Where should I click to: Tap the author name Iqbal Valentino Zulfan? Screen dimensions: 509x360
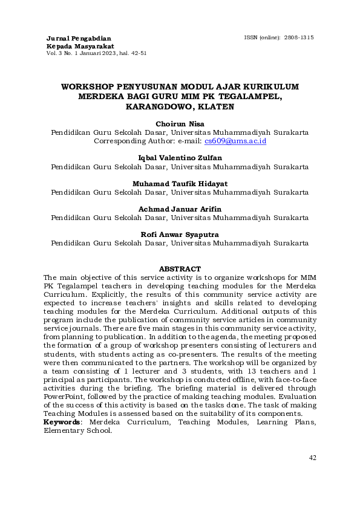pyautogui.click(x=180, y=158)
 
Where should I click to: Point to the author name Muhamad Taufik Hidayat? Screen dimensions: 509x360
pyautogui.click(x=180, y=183)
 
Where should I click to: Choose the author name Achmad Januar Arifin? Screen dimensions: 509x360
pyautogui.click(x=180, y=209)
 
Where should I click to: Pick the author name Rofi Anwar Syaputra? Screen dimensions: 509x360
pyautogui.click(x=180, y=234)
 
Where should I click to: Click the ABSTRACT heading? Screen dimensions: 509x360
pyautogui.click(x=180, y=268)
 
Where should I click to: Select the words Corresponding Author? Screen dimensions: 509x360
pyautogui.click(x=130, y=141)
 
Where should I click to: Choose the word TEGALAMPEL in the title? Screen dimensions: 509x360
pyautogui.click(x=252, y=96)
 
